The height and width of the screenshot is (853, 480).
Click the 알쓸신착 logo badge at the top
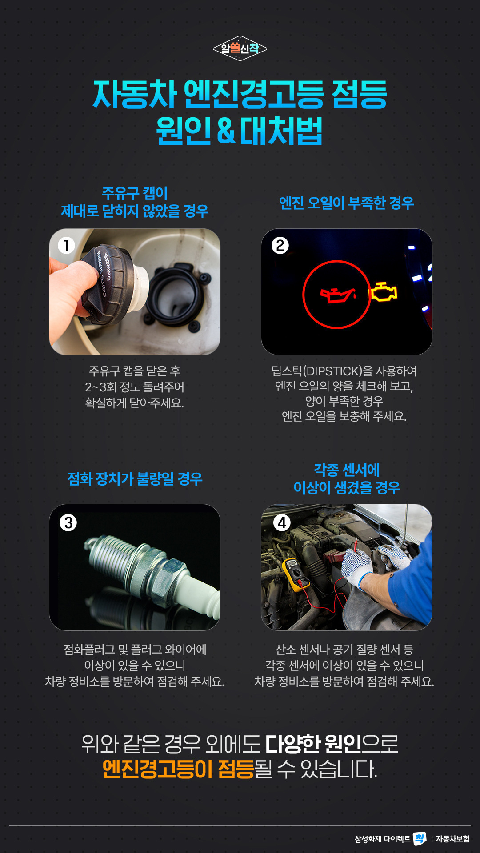coord(240,48)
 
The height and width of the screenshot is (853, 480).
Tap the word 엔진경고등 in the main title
coord(253,95)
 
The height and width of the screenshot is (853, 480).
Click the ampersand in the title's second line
coord(226,131)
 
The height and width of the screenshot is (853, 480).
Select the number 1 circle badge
coord(67,245)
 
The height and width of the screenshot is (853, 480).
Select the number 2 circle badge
coord(280,245)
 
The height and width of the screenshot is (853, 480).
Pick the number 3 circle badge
coord(68,522)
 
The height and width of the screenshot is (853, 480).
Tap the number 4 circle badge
coord(282,522)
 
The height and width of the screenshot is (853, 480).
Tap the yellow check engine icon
coord(384,292)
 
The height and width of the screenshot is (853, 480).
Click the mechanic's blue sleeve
coord(413,586)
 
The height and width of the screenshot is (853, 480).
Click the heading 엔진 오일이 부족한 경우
coord(346,203)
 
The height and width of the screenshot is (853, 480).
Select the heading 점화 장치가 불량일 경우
coord(135,479)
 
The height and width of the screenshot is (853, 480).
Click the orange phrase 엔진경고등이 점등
coord(178,769)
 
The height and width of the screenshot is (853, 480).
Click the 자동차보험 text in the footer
coord(452,839)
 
